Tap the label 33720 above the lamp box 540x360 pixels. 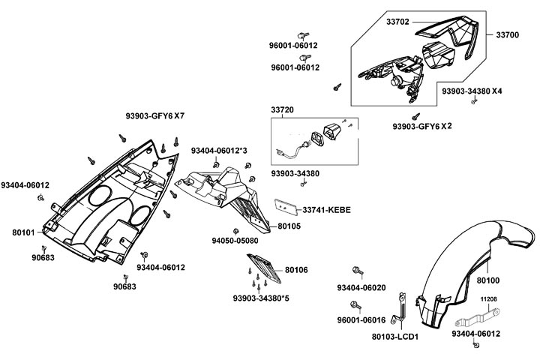pyautogui.click(x=283, y=110)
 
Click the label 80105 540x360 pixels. pyautogui.click(x=289, y=225)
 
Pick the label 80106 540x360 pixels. pyautogui.click(x=296, y=269)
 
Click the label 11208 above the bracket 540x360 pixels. pyautogui.click(x=489, y=298)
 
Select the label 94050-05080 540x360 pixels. pyautogui.click(x=235, y=241)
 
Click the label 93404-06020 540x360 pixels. pyautogui.click(x=361, y=288)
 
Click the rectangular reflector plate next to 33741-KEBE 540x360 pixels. pyautogui.click(x=287, y=205)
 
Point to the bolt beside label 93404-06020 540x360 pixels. pyautogui.click(x=357, y=270)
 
